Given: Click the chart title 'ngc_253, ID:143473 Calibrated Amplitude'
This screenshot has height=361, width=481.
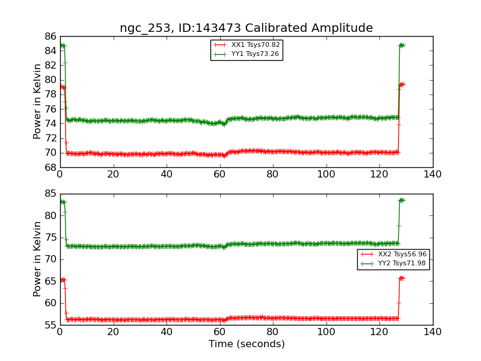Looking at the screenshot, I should coord(246,28).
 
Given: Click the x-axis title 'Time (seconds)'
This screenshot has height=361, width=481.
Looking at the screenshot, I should coord(247,344).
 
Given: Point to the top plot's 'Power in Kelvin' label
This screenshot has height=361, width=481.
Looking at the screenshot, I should coord(38,101).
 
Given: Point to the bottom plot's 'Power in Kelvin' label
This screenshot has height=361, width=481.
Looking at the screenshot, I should coord(38,259).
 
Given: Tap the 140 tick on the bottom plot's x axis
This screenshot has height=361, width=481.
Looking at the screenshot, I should coord(432,332).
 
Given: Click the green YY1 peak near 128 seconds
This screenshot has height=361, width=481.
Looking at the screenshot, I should coord(401,45).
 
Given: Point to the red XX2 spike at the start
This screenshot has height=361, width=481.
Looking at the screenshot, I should coord(63,279).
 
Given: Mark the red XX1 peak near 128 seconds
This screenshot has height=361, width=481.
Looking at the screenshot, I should coord(402,84).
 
